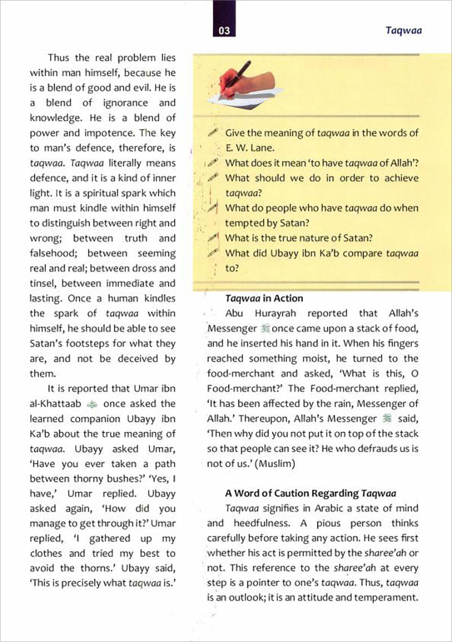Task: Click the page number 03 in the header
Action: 224,32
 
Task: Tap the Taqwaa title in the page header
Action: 405,32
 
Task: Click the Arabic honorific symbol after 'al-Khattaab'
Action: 94,404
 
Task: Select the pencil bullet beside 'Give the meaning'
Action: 212,133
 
